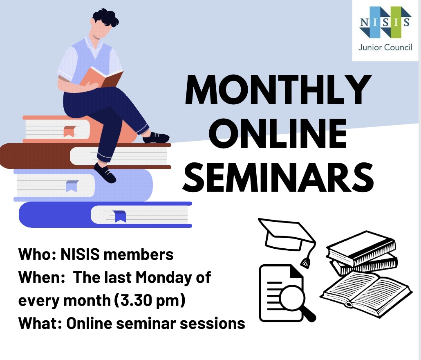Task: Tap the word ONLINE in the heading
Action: pos(278,133)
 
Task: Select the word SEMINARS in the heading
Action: pos(278,177)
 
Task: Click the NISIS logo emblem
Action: pos(385,22)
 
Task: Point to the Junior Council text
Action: pos(385,47)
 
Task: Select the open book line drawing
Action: pos(366,293)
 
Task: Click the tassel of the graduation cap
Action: pos(305,262)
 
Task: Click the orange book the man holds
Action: pos(101,78)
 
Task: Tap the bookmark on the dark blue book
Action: pos(120,216)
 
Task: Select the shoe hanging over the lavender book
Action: pos(105,173)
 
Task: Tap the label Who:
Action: pos(37,254)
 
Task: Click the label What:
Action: pos(40,323)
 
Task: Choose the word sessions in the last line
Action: pos(213,324)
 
